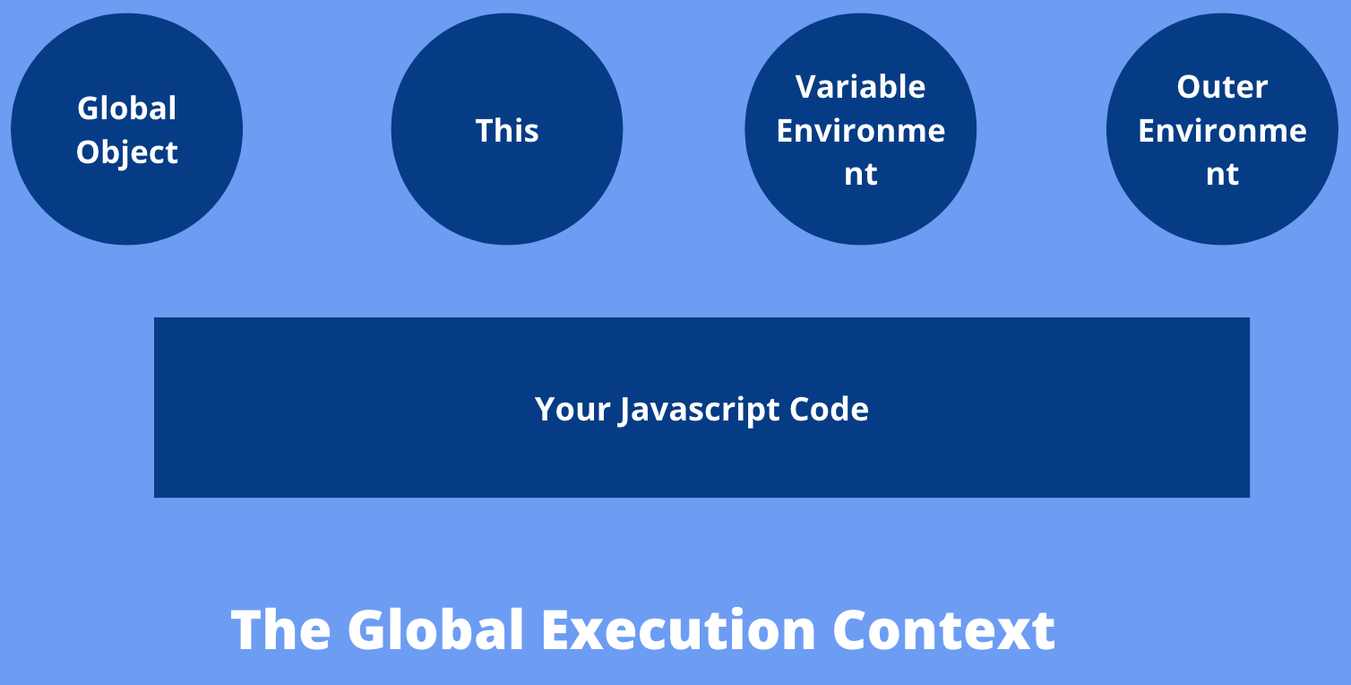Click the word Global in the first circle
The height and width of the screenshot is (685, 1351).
tap(126, 108)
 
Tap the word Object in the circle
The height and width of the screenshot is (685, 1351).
tap(126, 153)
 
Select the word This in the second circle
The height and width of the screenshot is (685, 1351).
tap(507, 130)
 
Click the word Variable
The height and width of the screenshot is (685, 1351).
tap(860, 87)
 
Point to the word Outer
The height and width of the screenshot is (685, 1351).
tap(1222, 87)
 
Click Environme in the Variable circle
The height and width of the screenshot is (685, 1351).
tap(861, 130)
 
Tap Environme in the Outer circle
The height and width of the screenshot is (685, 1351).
tap(1223, 130)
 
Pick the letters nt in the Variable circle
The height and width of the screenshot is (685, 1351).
tap(861, 175)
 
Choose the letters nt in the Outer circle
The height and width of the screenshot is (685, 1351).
tap(1223, 175)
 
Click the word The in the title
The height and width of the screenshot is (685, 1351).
tap(281, 630)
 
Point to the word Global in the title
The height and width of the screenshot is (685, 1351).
tap(435, 630)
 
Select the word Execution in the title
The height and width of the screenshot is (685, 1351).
tap(678, 630)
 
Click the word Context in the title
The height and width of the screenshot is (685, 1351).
tap(944, 630)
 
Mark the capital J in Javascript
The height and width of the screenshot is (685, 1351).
tap(624, 412)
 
